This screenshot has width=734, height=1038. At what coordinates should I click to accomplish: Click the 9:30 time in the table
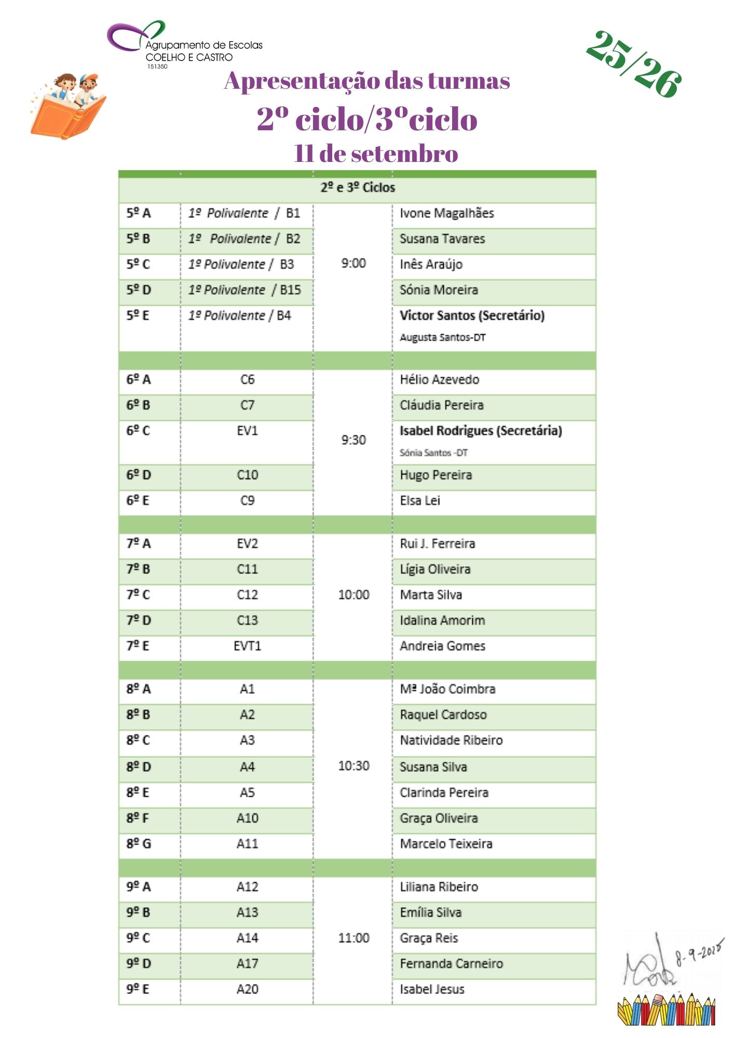pos(354,440)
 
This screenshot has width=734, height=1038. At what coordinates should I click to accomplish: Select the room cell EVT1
pos(247,646)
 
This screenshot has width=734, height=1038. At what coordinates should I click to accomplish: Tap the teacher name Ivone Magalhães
pos(446,213)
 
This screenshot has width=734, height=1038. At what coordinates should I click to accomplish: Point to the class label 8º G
pos(139,844)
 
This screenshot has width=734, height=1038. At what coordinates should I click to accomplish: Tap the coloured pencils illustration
pos(667,1009)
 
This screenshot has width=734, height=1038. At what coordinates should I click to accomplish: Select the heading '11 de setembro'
pos(376,154)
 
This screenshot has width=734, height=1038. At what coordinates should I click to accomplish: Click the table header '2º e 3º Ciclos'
pos(358,188)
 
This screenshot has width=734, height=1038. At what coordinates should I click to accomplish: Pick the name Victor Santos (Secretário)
pos(472,316)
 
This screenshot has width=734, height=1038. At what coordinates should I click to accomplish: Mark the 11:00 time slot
pos(354,938)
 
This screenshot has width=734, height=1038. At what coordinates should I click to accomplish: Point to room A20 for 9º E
pos(247,989)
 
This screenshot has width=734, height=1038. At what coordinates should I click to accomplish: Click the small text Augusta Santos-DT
pos(442,338)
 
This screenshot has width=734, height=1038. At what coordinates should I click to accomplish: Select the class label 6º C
pos(138,431)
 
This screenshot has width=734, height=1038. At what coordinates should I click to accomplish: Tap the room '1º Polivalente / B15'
pos(244,290)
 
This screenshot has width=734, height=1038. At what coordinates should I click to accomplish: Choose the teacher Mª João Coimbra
pos(447,689)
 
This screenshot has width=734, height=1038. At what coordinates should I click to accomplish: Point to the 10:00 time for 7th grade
pos(354,595)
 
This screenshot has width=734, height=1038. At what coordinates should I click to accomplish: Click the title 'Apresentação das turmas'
pos(367,81)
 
